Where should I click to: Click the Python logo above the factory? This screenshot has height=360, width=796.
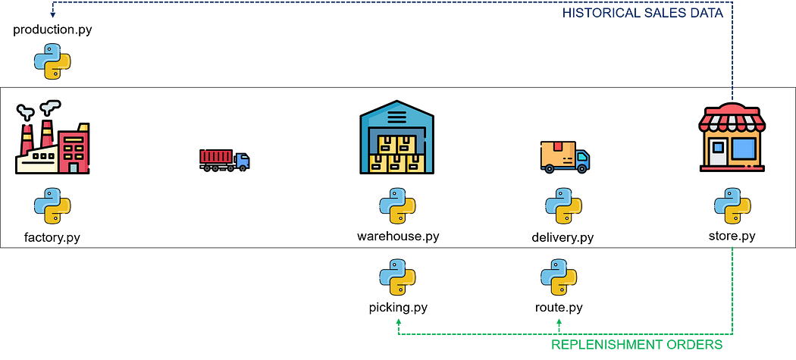coord(52,61)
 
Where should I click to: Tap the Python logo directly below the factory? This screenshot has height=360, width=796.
coord(52,206)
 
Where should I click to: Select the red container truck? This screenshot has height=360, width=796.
coord(218,157)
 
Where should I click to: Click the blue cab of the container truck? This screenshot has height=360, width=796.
coord(243,161)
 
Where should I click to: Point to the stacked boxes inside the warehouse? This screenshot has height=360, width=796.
coord(396,154)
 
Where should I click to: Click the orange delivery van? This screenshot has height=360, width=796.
coord(564,156)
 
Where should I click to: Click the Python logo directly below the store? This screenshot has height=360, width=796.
coord(732,206)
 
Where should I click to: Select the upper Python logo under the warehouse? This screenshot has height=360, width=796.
coord(397,206)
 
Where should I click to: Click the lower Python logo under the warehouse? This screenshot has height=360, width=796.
coord(397,277)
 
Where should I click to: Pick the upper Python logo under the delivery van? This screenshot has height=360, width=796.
coord(563,206)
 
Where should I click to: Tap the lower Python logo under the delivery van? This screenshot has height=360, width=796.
coord(559,277)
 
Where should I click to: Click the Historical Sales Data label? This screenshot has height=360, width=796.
coord(642,13)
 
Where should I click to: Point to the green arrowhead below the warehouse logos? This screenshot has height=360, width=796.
coord(398,321)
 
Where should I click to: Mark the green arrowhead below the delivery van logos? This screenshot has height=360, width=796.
coord(559,321)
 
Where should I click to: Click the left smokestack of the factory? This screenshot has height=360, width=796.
coord(27,137)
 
